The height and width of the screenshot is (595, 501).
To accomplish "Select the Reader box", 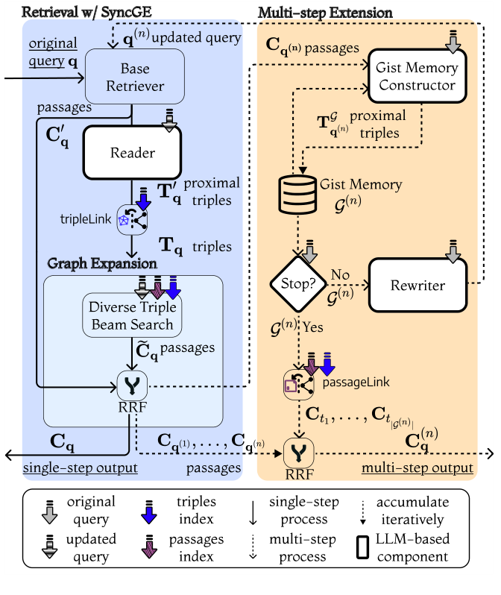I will [133, 152].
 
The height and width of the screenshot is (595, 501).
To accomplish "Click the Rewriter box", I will [417, 286].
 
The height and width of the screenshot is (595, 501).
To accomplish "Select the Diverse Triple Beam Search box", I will [133, 316].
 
